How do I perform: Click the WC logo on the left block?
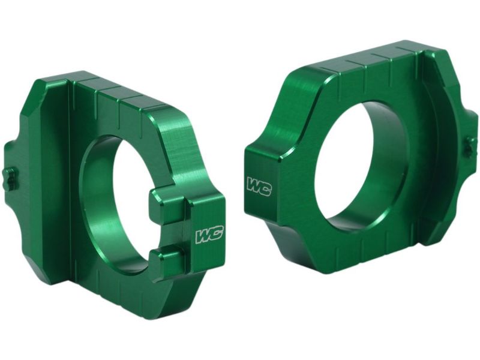pyautogui.click(x=209, y=235)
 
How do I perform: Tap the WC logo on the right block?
pyautogui.click(x=259, y=187)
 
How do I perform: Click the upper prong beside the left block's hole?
pyautogui.click(x=168, y=207)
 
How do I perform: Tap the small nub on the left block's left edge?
pyautogui.click(x=10, y=179)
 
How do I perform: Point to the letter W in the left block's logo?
pyautogui.click(x=203, y=236)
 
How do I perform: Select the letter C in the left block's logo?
pyautogui.click(x=217, y=234)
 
